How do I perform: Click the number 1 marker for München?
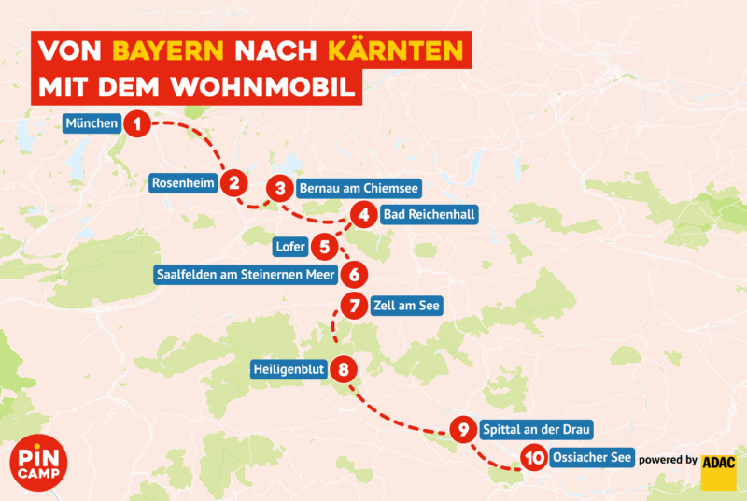click(137, 123)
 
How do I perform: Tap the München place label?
click(92, 123)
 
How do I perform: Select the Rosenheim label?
click(184, 183)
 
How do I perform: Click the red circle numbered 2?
click(234, 183)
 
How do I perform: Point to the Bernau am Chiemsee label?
click(358, 188)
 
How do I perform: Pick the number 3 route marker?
click(279, 188)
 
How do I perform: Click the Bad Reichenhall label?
click(430, 215)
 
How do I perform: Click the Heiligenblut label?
click(289, 369)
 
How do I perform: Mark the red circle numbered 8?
click(345, 369)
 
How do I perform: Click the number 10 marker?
click(533, 458)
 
